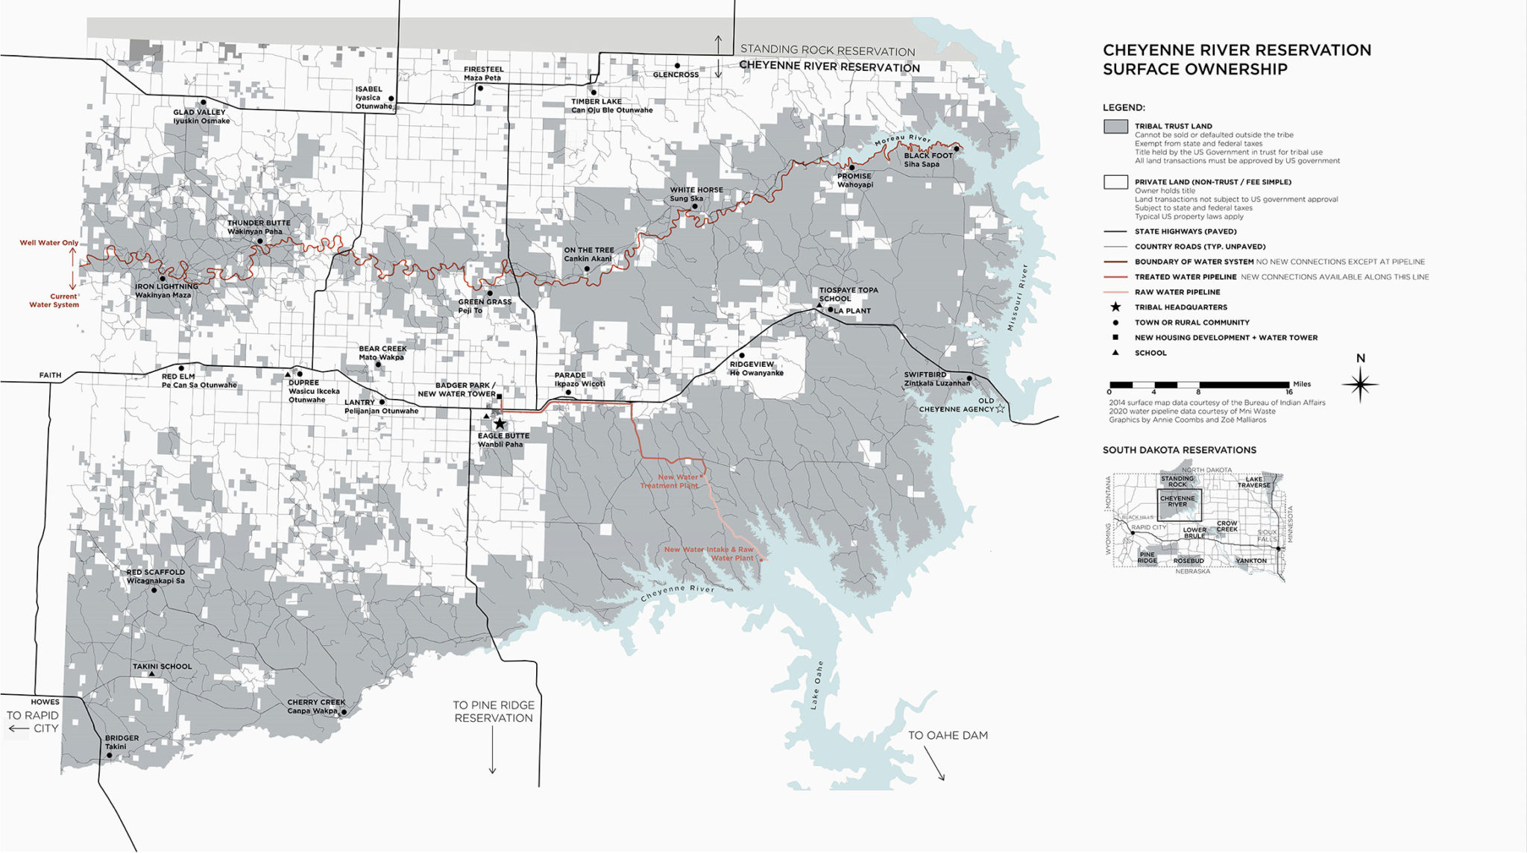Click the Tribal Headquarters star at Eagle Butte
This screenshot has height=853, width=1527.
pyautogui.click(x=500, y=424)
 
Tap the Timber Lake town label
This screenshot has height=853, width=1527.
pyautogui.click(x=596, y=101)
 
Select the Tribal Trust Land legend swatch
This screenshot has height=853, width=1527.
pyautogui.click(x=1115, y=127)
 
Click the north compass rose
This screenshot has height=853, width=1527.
pyautogui.click(x=1360, y=385)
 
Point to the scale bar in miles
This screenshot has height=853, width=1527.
pyautogui.click(x=1199, y=385)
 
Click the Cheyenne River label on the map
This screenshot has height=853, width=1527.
pyautogui.click(x=677, y=594)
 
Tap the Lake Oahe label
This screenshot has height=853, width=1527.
pyautogui.click(x=817, y=684)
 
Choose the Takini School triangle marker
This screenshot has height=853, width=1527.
pyautogui.click(x=151, y=675)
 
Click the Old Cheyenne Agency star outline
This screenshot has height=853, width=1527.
pyautogui.click(x=1000, y=409)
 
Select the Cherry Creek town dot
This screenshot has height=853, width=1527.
pyautogui.click(x=344, y=712)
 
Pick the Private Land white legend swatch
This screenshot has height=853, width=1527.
pyautogui.click(x=1115, y=182)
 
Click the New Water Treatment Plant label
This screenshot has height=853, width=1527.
pyautogui.click(x=670, y=482)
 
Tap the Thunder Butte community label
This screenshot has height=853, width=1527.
pyautogui.click(x=259, y=223)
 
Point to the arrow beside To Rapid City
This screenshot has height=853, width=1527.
pyautogui.click(x=19, y=728)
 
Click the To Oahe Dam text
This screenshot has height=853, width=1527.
pyautogui.click(x=948, y=735)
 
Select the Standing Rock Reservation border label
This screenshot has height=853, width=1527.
pyautogui.click(x=828, y=51)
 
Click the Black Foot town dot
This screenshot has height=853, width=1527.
pyautogui.click(x=956, y=148)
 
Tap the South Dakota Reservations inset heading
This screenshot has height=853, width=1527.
pyautogui.click(x=1179, y=450)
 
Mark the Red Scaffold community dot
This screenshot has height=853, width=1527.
pyautogui.click(x=154, y=590)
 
